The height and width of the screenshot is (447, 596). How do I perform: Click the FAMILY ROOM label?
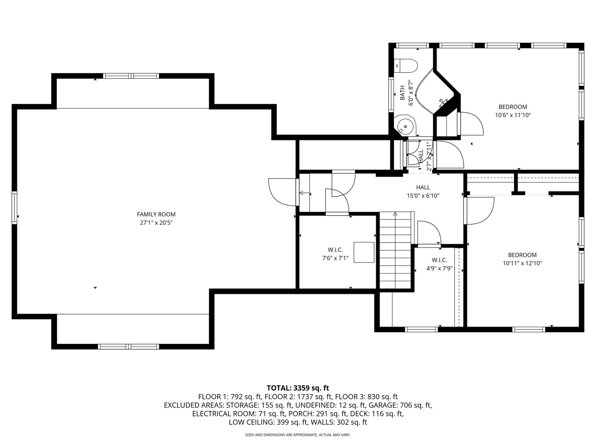pos(156,214)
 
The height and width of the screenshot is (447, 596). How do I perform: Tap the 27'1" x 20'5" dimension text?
pos(156,223)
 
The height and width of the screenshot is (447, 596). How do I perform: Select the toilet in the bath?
pos(407,65)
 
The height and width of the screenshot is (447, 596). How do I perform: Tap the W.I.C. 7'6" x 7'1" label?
pos(335,254)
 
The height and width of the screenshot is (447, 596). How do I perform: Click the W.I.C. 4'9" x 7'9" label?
pos(439,264)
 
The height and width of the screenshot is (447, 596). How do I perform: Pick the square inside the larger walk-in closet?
pos(364,252)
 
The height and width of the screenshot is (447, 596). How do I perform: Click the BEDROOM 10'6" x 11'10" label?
pos(512,111)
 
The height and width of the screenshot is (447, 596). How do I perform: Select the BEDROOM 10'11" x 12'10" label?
pos(522,259)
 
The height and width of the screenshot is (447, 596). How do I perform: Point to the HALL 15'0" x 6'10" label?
pos(423,192)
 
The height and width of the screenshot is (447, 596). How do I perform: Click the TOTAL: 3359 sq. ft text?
pos(298,388)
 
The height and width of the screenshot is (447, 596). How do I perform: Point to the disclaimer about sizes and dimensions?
pos(298,435)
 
